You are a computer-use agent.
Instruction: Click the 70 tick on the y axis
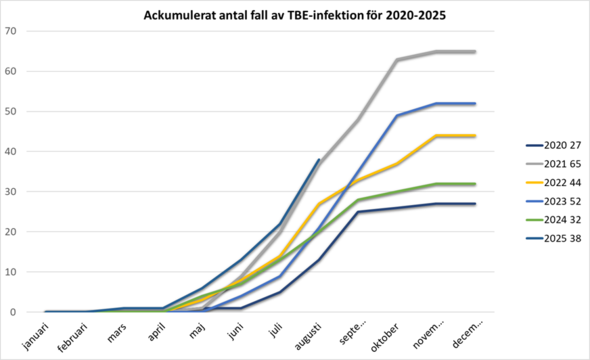tap(13, 31)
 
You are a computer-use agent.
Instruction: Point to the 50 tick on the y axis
tap(13, 111)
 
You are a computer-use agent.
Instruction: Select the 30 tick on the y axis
tap(13, 191)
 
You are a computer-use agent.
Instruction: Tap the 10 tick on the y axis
tap(13, 271)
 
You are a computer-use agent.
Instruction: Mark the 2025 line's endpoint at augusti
tap(319, 160)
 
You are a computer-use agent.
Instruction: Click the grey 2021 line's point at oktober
tap(397, 60)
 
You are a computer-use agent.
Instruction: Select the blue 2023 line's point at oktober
tap(397, 115)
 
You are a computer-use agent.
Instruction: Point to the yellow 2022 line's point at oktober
tap(397, 163)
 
